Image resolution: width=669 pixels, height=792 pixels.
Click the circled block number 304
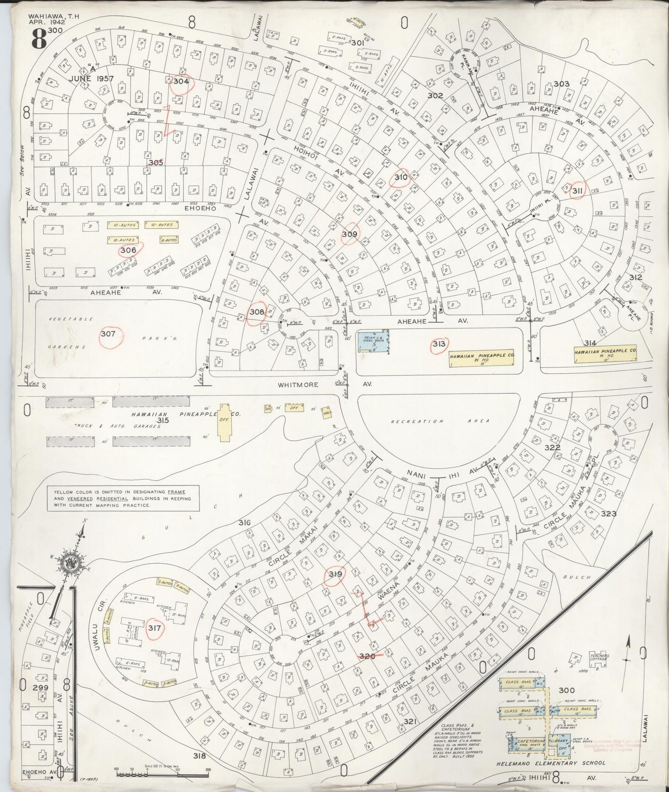tap(181, 81)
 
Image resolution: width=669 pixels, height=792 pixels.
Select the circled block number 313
tap(439, 344)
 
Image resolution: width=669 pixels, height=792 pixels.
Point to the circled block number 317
tap(154, 628)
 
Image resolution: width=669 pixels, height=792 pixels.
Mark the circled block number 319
tap(335, 575)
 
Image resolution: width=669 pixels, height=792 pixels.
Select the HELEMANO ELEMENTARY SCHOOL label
tap(549, 763)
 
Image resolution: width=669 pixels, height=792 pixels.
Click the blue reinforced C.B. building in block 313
tap(374, 342)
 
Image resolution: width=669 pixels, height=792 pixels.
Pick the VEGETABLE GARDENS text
tap(69, 333)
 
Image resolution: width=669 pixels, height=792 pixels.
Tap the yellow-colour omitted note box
tap(123, 498)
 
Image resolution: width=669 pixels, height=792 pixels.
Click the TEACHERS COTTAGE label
tap(600, 658)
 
